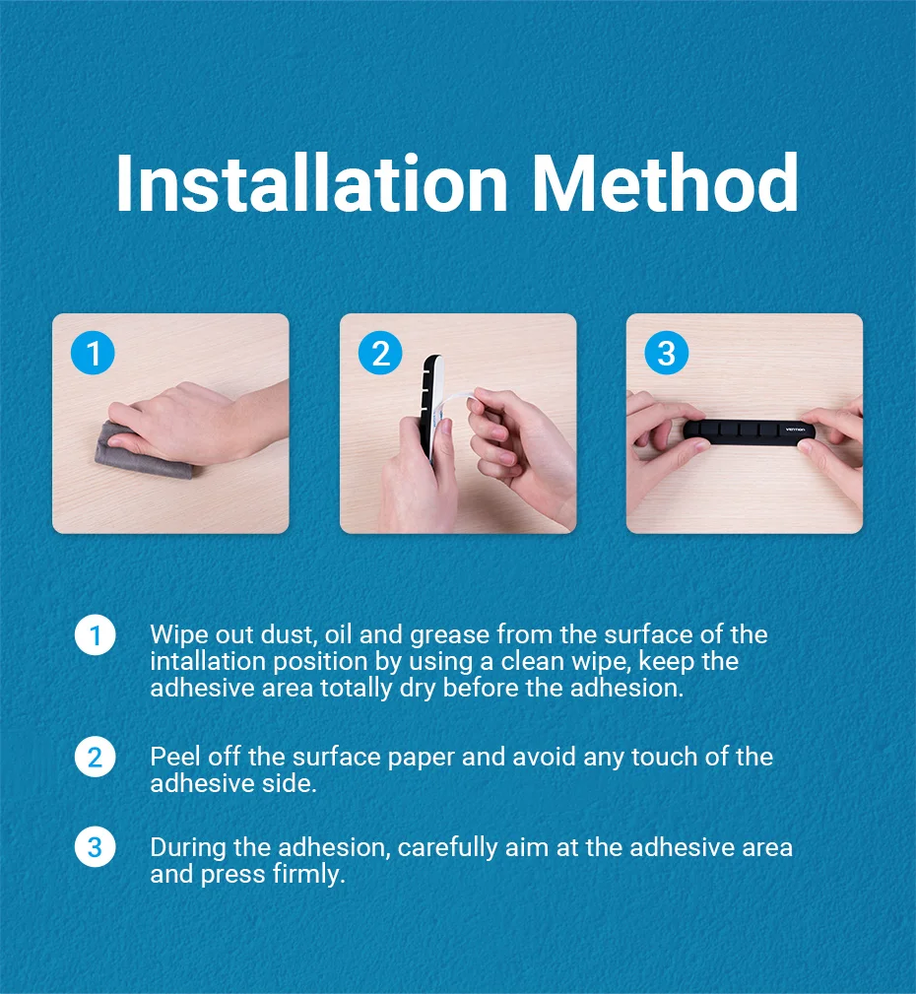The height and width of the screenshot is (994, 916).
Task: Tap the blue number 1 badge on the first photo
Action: pos(94,353)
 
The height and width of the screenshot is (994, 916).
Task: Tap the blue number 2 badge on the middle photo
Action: pos(380,353)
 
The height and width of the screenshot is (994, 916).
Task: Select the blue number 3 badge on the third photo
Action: pos(667,353)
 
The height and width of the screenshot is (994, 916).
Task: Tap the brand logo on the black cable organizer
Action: pos(795,430)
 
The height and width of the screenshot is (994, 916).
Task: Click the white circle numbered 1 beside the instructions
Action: pos(96,635)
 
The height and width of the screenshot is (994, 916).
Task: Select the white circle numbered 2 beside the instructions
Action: pos(96,757)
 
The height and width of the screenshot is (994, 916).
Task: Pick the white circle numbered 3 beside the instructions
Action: pos(96,847)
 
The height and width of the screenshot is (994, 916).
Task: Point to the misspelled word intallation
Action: pos(208,661)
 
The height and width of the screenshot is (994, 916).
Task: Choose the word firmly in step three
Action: pos(309,874)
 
